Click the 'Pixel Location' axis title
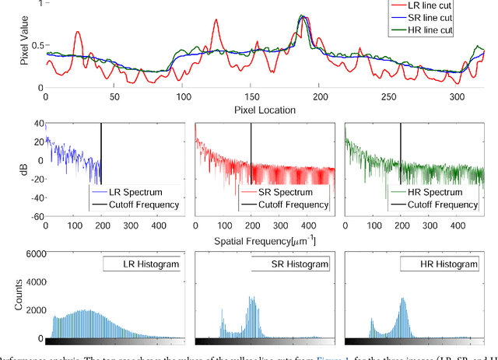265,110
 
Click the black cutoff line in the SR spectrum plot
251,156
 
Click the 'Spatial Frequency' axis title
265,240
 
